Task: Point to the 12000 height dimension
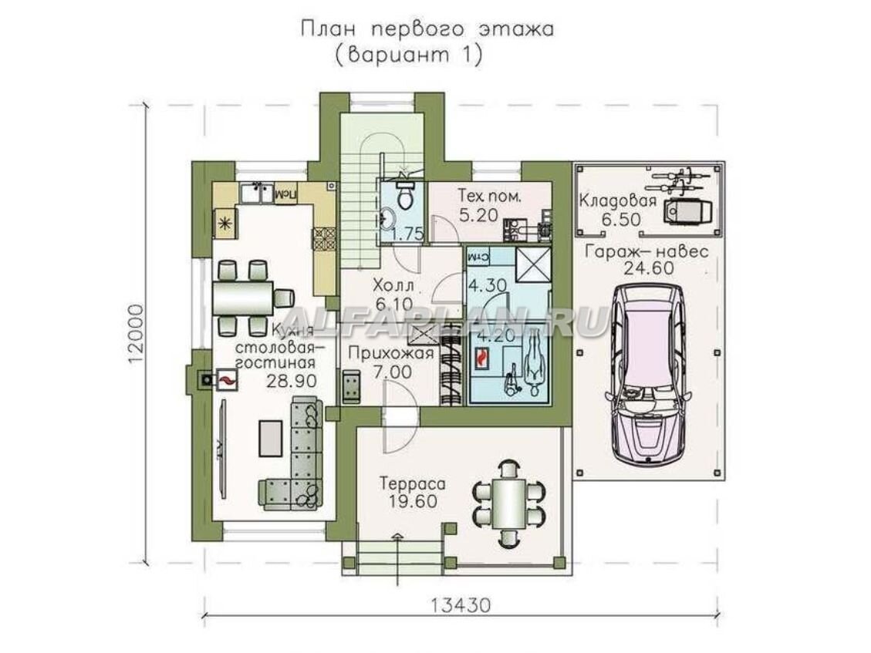coord(137,332)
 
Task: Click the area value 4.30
coord(487,284)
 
